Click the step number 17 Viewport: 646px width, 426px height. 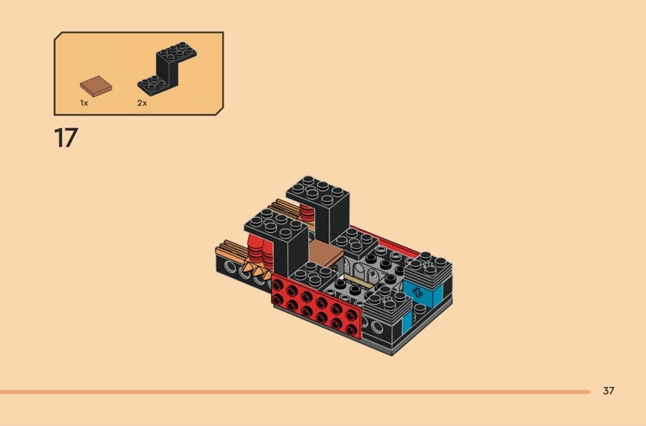coord(66,137)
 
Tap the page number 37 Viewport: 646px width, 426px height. coord(609,390)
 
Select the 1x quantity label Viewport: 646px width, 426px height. coord(84,103)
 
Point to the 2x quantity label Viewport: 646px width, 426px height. coord(142,103)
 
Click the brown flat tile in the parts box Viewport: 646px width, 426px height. coord(96,86)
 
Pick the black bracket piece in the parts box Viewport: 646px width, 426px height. coord(167,69)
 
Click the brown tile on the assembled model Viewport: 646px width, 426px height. coord(325,252)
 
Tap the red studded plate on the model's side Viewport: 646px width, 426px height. coord(317,306)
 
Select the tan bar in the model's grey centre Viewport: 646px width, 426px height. coord(359,280)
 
